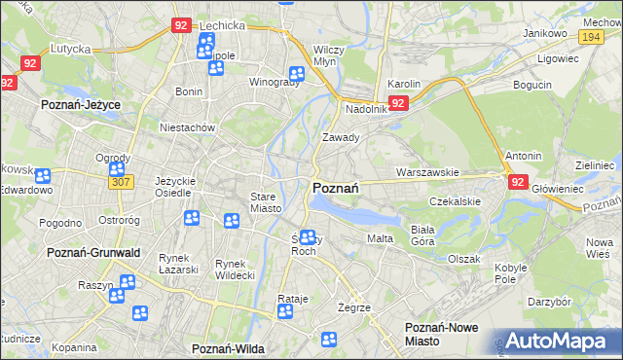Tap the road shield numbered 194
tap(588, 36)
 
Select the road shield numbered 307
tap(121, 182)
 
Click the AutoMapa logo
tap(556, 342)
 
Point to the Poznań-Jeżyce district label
tap(78, 102)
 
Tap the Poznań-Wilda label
tap(229, 347)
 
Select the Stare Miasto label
tap(266, 202)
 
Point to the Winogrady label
tap(274, 82)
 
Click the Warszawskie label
tap(426, 172)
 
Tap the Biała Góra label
tap(421, 234)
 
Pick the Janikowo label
tap(545, 33)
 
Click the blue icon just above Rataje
tap(285, 312)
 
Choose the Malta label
tap(379, 238)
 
